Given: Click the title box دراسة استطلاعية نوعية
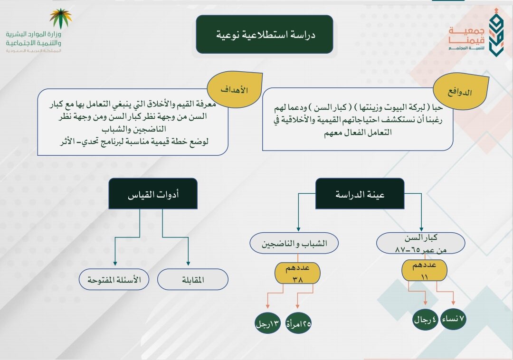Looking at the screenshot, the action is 265,34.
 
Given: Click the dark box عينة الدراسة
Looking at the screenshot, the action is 360,194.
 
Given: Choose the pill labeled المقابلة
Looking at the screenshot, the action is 193,280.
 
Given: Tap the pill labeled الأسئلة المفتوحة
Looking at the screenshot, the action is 114,280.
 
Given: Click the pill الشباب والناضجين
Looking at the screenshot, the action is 294,244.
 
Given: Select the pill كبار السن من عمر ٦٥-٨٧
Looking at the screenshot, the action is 421,243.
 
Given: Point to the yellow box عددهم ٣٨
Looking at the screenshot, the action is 297,274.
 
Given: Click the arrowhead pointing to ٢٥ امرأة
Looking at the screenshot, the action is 297,307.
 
